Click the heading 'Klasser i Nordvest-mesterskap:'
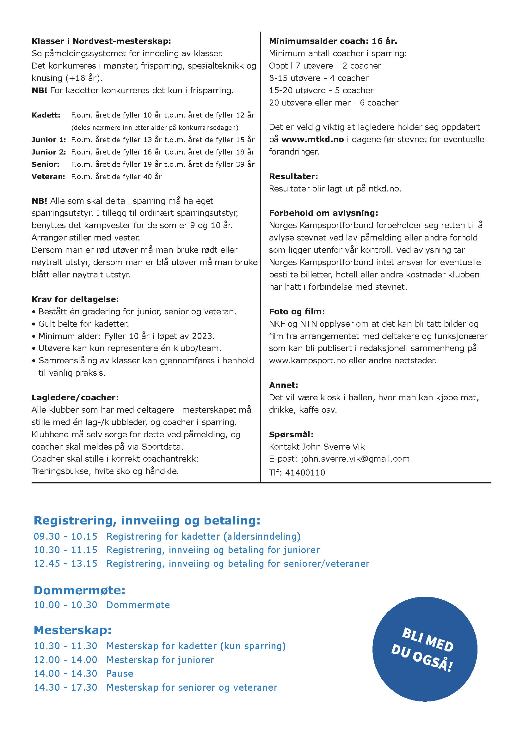(x=101, y=41)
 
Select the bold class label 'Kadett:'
(x=46, y=115)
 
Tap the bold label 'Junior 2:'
(x=49, y=152)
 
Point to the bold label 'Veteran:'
(x=48, y=177)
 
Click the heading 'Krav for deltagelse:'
(x=75, y=299)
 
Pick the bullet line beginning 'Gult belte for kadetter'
(x=83, y=324)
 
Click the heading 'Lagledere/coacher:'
(x=75, y=397)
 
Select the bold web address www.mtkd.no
(x=312, y=139)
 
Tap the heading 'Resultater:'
(x=293, y=176)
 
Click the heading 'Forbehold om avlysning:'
(x=323, y=213)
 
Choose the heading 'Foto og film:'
(x=297, y=312)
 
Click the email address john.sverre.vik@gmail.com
(x=355, y=459)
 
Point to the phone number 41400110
(x=305, y=472)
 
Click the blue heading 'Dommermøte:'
(x=80, y=590)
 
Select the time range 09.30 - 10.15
(x=65, y=536)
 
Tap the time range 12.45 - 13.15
(x=65, y=564)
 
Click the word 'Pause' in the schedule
(x=120, y=674)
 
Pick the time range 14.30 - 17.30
(x=65, y=688)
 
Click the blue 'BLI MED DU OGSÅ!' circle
(x=424, y=649)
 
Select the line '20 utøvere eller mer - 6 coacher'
(x=333, y=103)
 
